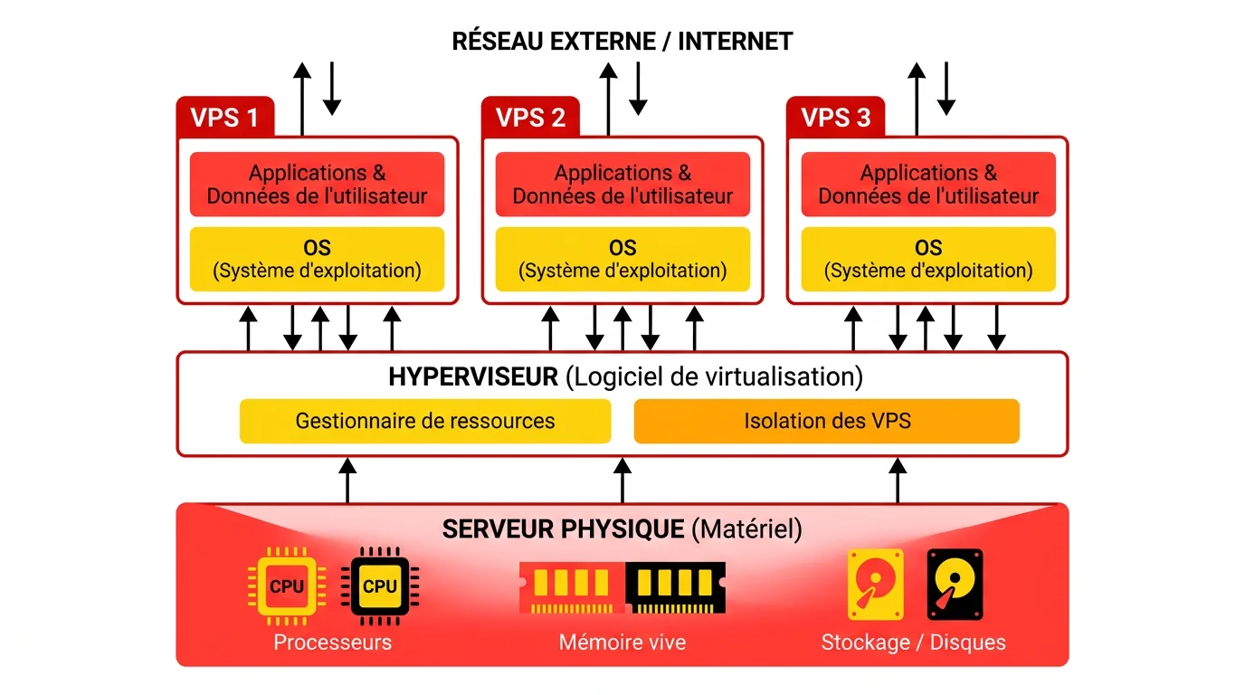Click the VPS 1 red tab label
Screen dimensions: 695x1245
click(224, 118)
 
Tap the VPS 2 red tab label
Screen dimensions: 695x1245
click(530, 118)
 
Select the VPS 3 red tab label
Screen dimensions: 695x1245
click(836, 118)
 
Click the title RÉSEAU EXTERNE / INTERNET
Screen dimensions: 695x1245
click(622, 42)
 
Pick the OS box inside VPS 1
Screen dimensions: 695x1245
click(317, 259)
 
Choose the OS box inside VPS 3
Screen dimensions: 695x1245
click(928, 259)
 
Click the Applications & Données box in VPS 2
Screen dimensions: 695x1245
click(622, 185)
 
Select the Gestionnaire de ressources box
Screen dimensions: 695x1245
click(424, 421)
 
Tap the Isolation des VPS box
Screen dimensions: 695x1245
click(826, 421)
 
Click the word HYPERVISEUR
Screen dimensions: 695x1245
click(473, 376)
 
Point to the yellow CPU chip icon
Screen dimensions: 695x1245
click(287, 586)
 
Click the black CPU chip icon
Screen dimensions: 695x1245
click(379, 586)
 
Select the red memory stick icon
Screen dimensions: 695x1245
click(572, 587)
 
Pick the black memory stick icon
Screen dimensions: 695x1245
click(675, 587)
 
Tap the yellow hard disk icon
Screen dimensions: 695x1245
click(875, 585)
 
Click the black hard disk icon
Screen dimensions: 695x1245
click(955, 585)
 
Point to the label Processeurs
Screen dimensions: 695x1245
click(332, 643)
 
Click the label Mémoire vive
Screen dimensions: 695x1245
click(622, 643)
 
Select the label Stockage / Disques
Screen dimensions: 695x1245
click(913, 643)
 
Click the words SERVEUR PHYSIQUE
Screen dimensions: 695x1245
click(563, 528)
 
